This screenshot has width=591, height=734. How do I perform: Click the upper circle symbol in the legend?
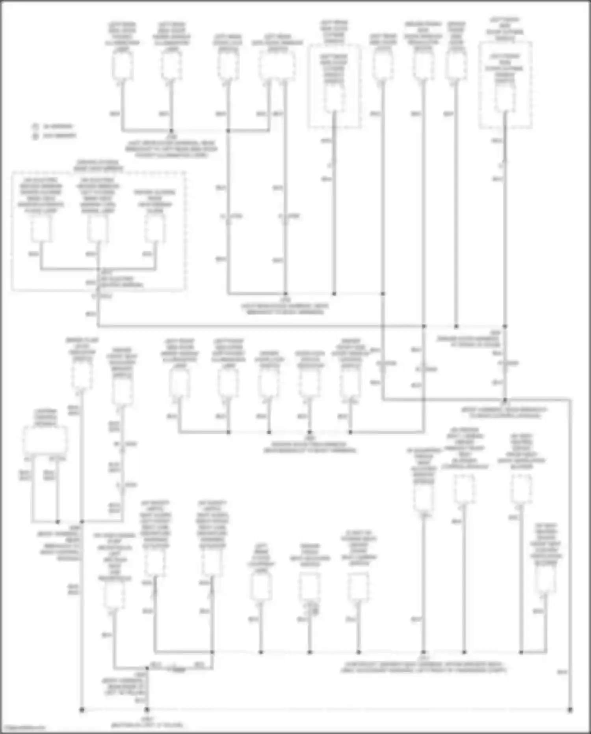(x=35, y=127)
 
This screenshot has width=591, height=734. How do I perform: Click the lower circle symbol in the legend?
(x=35, y=136)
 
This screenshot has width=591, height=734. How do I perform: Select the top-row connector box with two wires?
(x=277, y=65)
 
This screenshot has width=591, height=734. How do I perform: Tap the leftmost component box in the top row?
(x=122, y=65)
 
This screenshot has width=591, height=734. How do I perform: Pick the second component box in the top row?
(x=171, y=65)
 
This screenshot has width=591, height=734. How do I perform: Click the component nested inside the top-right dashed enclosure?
(x=505, y=98)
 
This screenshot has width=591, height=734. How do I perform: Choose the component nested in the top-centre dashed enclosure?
(x=334, y=98)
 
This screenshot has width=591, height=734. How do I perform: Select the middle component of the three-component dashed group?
(x=98, y=229)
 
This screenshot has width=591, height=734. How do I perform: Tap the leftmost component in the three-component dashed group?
(x=41, y=229)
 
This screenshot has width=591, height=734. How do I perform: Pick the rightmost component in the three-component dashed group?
(x=155, y=229)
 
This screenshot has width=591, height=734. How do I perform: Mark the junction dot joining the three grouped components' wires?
(x=98, y=270)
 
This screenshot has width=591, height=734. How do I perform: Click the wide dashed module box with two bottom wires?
(x=45, y=440)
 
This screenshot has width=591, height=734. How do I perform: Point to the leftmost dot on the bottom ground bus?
(x=82, y=710)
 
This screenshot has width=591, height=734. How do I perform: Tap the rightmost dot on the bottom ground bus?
(x=570, y=710)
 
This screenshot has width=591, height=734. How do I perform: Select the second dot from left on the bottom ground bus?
(x=147, y=710)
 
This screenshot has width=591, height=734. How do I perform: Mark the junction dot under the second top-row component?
(x=171, y=130)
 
